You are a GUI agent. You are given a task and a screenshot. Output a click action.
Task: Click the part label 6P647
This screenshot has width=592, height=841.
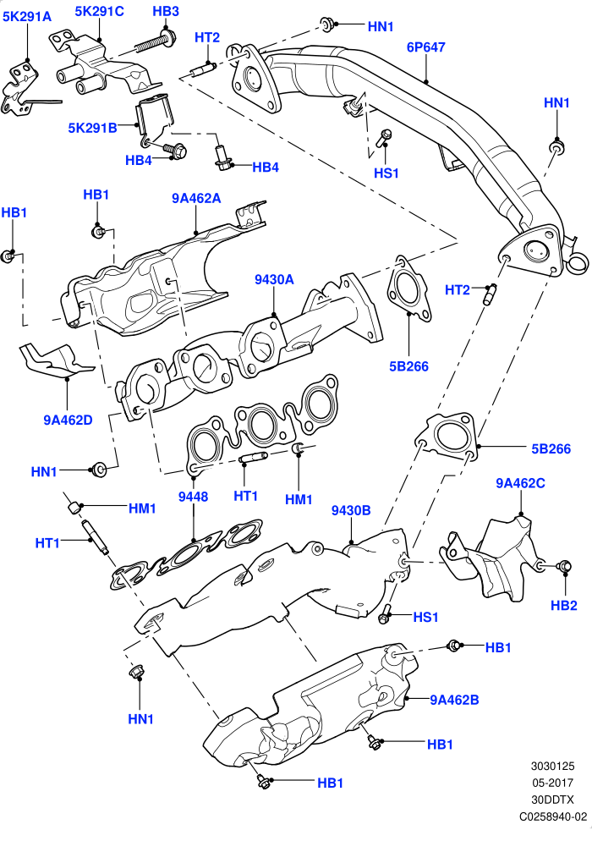tap(425, 47)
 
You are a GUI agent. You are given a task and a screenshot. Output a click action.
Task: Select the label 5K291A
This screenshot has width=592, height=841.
tap(27, 17)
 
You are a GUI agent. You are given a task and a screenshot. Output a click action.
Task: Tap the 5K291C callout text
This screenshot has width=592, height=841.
tap(99, 11)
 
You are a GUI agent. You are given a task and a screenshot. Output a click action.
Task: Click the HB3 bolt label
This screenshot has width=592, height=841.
tap(166, 11)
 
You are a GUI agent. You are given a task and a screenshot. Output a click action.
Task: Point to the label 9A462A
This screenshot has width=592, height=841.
tap(196, 199)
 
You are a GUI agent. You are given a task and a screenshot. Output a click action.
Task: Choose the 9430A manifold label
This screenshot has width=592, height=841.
tap(274, 279)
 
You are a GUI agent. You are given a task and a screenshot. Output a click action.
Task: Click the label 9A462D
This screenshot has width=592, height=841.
tap(69, 420)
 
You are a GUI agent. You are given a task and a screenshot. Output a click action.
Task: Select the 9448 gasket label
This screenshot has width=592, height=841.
tap(193, 497)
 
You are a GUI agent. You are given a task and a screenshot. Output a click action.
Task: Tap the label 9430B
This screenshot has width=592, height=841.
tap(351, 511)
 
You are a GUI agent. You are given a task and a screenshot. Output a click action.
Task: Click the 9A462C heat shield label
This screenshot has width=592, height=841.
tap(520, 483)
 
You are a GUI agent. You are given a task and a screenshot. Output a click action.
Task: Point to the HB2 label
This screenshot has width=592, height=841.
tap(564, 606)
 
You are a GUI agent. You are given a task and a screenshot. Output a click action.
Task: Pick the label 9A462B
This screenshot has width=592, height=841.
tap(454, 700)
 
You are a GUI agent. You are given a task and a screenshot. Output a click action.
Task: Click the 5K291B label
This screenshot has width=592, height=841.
tap(92, 129)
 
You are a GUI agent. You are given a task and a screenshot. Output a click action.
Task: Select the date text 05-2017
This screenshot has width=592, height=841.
tap(553, 783)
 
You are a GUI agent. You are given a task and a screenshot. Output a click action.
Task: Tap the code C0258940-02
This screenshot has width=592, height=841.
tap(553, 816)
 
